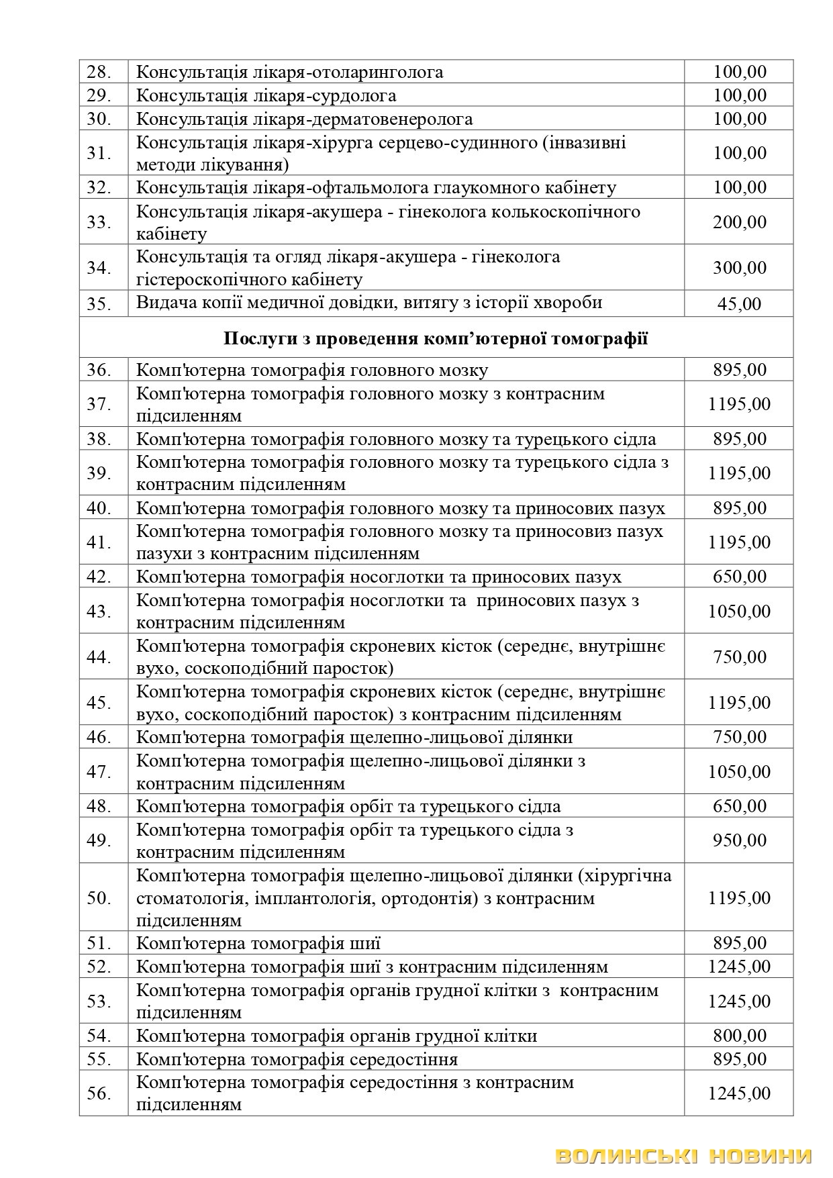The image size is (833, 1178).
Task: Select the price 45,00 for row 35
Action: pyautogui.click(x=739, y=304)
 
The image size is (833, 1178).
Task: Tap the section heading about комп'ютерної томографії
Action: pyautogui.click(x=436, y=338)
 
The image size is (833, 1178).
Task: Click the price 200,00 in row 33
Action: pyautogui.click(x=739, y=222)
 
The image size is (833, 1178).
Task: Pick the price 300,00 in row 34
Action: pyautogui.click(x=739, y=268)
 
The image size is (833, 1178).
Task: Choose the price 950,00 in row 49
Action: pyautogui.click(x=739, y=840)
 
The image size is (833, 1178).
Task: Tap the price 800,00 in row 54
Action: pyautogui.click(x=739, y=1036)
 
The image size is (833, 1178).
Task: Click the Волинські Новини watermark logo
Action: pyautogui.click(x=684, y=1156)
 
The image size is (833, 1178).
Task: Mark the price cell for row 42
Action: pyautogui.click(x=739, y=577)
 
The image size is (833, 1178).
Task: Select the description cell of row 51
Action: pyautogui.click(x=405, y=944)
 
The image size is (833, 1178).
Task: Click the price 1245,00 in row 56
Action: pyautogui.click(x=739, y=1093)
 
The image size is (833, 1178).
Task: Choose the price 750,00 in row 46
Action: pyautogui.click(x=739, y=737)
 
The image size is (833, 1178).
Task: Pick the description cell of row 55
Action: pyautogui.click(x=405, y=1059)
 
